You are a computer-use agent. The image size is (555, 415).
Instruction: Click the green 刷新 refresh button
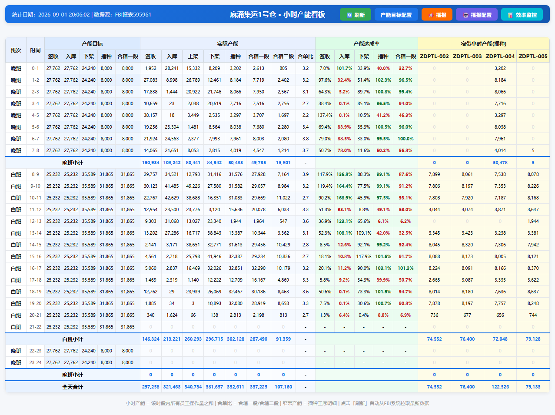coord(355,15)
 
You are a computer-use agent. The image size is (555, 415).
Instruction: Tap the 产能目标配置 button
coord(396,15)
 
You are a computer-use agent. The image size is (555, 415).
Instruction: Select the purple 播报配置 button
coord(477,15)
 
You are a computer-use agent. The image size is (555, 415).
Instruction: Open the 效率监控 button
coord(522,15)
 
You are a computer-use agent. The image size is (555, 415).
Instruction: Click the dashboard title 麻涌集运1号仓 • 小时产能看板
coord(277,14)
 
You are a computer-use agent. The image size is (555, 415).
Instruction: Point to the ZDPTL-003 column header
coord(467,56)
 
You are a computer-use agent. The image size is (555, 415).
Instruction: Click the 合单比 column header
coord(306,56)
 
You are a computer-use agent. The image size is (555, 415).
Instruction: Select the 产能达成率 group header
coord(366,44)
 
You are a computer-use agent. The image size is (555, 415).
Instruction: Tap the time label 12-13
coord(35,221)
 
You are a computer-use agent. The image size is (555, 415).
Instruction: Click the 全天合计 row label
coord(73,387)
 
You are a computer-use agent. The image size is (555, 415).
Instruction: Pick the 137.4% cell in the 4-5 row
coord(325,115)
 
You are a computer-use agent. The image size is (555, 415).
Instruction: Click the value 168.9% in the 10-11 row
coord(344,198)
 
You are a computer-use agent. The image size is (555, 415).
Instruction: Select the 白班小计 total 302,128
coord(236,339)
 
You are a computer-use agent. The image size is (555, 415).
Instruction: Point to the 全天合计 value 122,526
coord(500,387)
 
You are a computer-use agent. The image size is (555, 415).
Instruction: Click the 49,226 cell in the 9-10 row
coord(193,186)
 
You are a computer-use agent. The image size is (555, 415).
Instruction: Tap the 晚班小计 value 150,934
coord(150,163)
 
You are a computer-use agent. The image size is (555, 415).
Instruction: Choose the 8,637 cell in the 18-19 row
coord(533,292)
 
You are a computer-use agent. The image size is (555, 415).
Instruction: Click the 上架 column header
coord(193,56)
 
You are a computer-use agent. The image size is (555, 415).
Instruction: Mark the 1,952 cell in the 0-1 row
coord(150,68)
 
